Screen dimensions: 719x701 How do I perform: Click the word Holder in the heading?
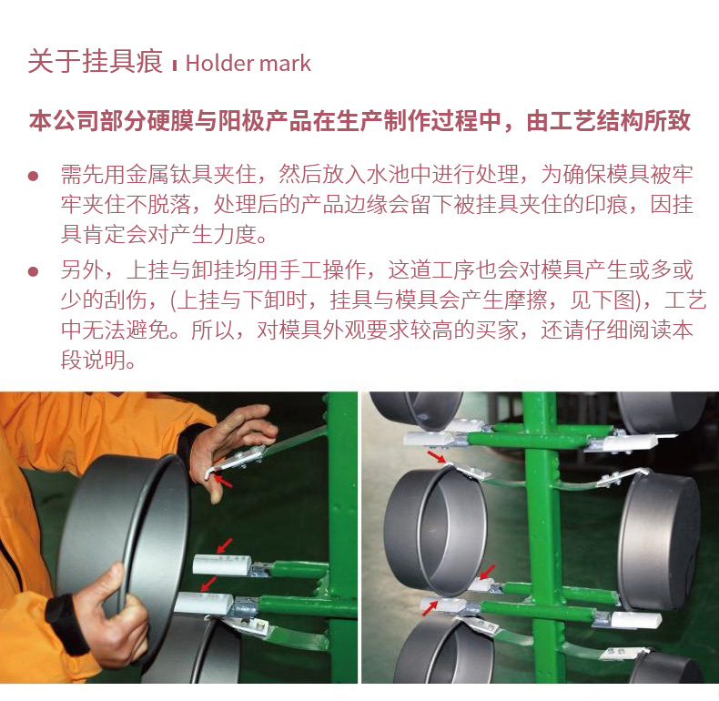point(214,63)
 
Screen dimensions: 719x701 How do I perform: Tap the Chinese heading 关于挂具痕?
point(96,61)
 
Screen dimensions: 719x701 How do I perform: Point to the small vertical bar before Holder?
point(174,66)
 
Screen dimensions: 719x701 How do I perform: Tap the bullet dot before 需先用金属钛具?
point(33,175)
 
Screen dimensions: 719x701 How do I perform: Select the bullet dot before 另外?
point(33,271)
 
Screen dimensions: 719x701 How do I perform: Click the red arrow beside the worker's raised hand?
point(224,481)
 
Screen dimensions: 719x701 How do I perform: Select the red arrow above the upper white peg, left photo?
point(225,545)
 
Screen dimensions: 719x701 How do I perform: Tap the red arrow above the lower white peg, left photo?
point(208,584)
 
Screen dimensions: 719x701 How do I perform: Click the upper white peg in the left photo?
point(221,564)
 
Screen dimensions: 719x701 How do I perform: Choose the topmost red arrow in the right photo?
point(437,457)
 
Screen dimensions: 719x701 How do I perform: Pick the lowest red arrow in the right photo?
point(430,609)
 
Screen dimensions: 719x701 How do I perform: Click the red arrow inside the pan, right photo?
point(488,572)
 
